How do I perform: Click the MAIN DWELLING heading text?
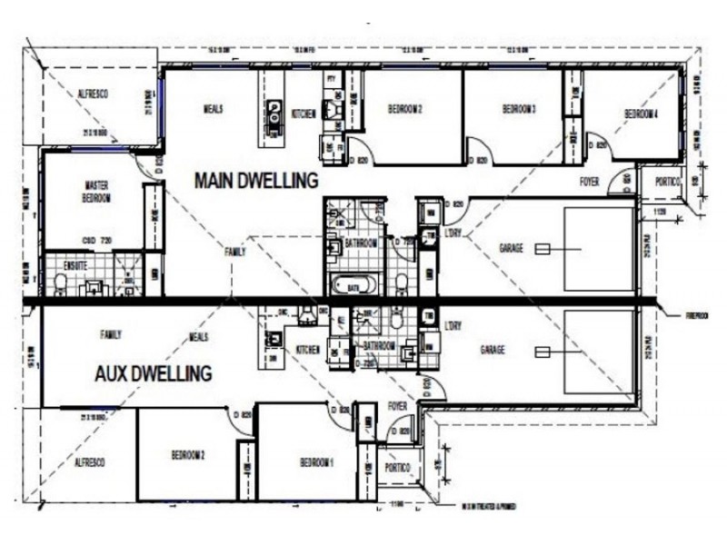coord(256,181)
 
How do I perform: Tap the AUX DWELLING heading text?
coord(154,372)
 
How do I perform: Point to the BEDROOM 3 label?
coord(519,110)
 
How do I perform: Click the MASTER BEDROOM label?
coord(95,191)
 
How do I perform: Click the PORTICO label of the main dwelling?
coord(666,182)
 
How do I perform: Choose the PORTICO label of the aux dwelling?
coord(397,468)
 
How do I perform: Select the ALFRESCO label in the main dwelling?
coord(93,94)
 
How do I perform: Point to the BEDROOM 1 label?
coord(317,462)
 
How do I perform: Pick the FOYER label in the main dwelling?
coord(589,183)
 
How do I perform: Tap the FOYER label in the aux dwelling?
coord(397,406)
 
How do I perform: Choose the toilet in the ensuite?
coord(61,286)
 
